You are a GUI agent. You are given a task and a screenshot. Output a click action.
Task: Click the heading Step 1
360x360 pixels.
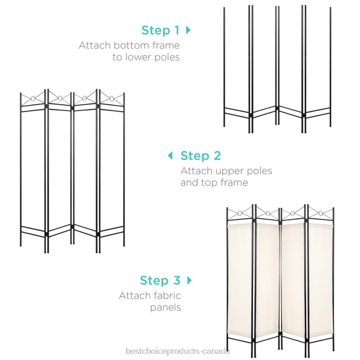[160, 31]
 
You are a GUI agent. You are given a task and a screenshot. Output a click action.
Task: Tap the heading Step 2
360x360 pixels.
[200, 156]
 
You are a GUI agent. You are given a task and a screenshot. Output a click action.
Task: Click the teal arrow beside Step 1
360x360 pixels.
[189, 30]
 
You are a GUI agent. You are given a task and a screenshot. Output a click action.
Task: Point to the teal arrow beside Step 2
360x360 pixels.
[171, 155]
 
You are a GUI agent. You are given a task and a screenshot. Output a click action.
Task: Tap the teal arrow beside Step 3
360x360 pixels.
[189, 280]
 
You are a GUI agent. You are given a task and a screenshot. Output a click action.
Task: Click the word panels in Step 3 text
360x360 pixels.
[165, 308]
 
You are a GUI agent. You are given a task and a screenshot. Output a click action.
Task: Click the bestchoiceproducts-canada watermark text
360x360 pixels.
[178, 351]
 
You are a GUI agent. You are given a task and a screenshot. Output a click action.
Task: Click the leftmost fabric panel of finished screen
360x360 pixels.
[240, 279]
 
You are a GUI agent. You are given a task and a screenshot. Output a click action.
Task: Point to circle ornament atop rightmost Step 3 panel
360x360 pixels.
[321, 214]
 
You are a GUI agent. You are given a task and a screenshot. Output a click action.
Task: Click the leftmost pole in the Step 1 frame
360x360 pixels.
[225, 65]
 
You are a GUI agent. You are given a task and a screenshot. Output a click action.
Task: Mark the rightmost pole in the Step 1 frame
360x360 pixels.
[330, 65]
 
